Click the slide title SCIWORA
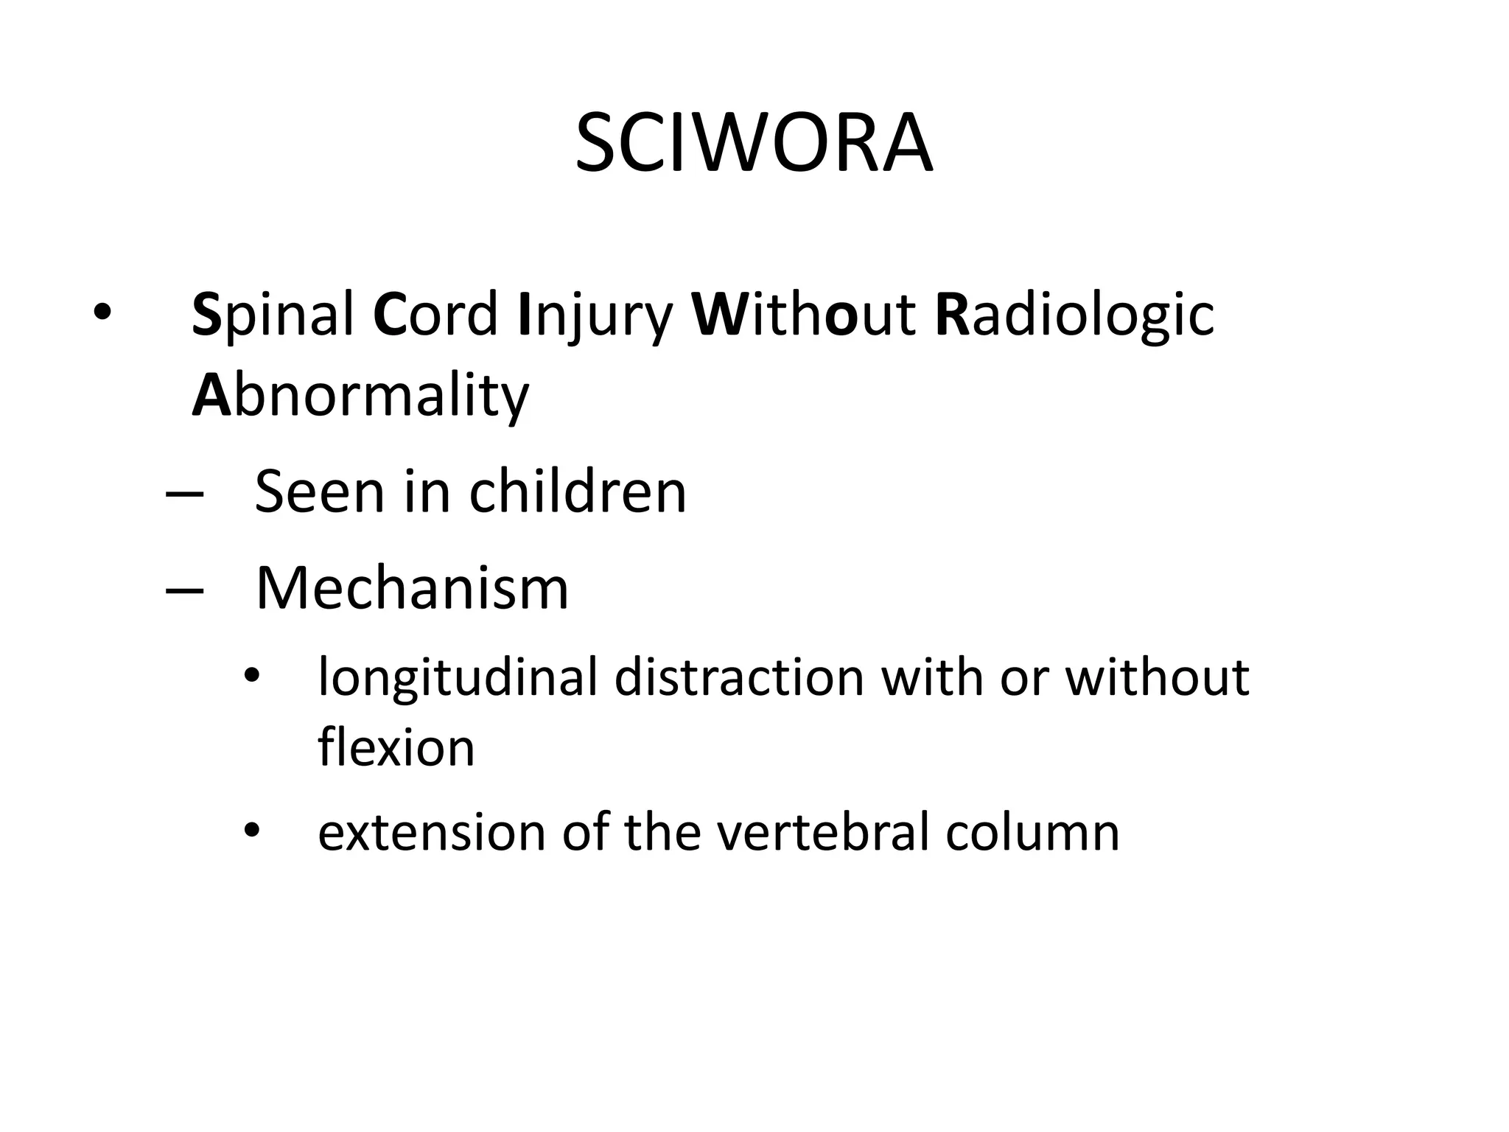pos(754,143)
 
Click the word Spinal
pos(273,315)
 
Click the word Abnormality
pos(360,396)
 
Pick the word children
pos(578,492)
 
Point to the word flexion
pos(396,747)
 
